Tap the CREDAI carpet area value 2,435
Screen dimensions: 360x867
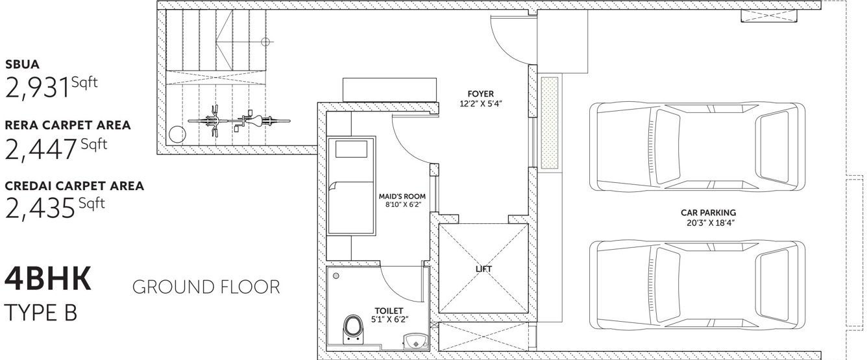pos(38,208)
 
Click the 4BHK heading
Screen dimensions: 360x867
pos(48,280)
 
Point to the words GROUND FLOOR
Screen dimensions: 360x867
pos(206,287)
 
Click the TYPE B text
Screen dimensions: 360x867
pos(41,313)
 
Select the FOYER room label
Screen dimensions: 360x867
pos(481,93)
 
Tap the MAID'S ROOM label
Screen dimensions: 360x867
pos(402,196)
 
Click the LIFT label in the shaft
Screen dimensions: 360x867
pos(483,268)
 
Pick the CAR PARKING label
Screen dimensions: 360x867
pos(708,212)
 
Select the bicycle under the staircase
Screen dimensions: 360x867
pos(239,121)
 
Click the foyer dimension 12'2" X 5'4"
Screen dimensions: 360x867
pos(481,103)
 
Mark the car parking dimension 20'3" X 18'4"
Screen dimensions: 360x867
pos(708,222)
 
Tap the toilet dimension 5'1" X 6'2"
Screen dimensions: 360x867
pos(390,320)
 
